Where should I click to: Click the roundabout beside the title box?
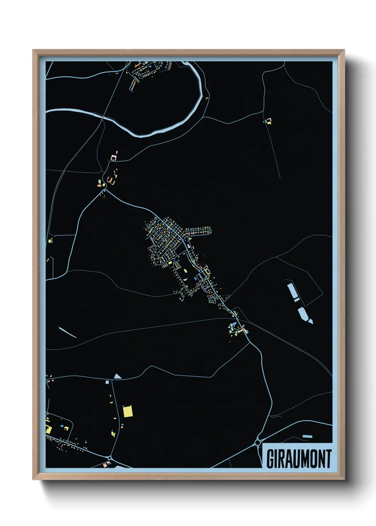click(x=258, y=442)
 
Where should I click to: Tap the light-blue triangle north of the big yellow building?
click(x=118, y=376)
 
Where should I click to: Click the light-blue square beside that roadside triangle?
click(x=107, y=382)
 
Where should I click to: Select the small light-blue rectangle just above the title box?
click(x=307, y=436)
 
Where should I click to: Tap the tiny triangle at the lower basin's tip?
click(x=311, y=321)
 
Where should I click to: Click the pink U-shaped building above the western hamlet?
click(x=114, y=157)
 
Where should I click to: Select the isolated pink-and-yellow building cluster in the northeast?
click(x=269, y=121)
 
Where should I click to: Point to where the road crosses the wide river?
click(x=103, y=117)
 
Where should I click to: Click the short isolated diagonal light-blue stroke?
click(x=68, y=332)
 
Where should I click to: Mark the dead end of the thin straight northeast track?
click(x=280, y=178)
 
